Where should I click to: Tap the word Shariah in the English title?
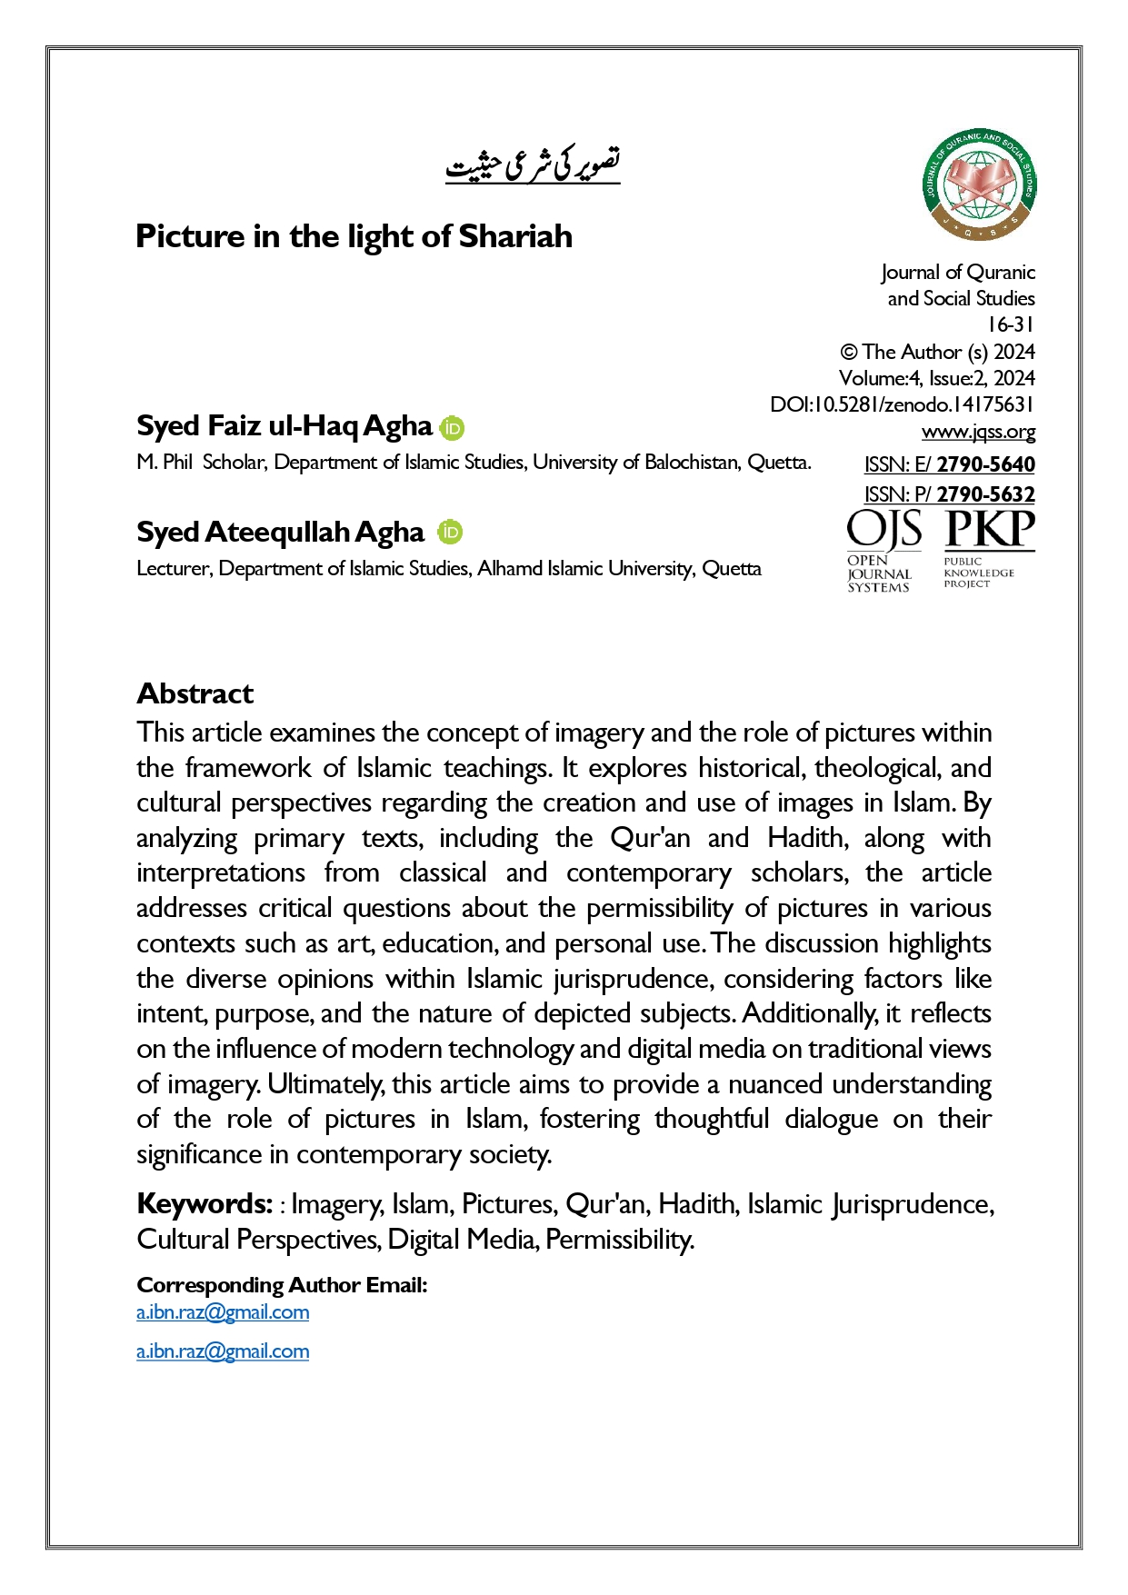(515, 236)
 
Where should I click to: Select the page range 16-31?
(1011, 324)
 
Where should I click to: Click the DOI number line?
(902, 404)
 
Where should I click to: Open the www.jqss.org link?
(978, 432)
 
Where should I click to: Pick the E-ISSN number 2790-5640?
(985, 464)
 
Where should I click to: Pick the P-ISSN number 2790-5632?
(985, 494)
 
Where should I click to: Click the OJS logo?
(883, 551)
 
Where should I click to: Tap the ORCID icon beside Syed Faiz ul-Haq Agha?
(452, 428)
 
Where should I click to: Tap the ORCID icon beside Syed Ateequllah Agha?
(450, 533)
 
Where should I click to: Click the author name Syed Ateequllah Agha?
(280, 533)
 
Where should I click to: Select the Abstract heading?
(195, 694)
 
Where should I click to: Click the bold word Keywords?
(205, 1204)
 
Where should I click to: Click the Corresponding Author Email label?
(282, 1285)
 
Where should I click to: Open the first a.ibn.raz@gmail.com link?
(223, 1312)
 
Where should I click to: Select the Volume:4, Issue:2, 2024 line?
(936, 378)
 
